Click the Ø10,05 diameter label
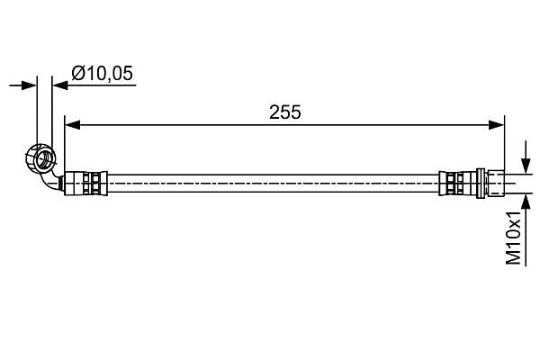102,74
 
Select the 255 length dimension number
284,112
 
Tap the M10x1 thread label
514,238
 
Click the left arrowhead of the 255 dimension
72,125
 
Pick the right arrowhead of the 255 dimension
497,125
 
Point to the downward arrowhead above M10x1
526,165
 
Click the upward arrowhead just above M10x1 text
526,202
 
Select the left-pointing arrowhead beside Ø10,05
60,85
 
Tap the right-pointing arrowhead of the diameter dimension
29,85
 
